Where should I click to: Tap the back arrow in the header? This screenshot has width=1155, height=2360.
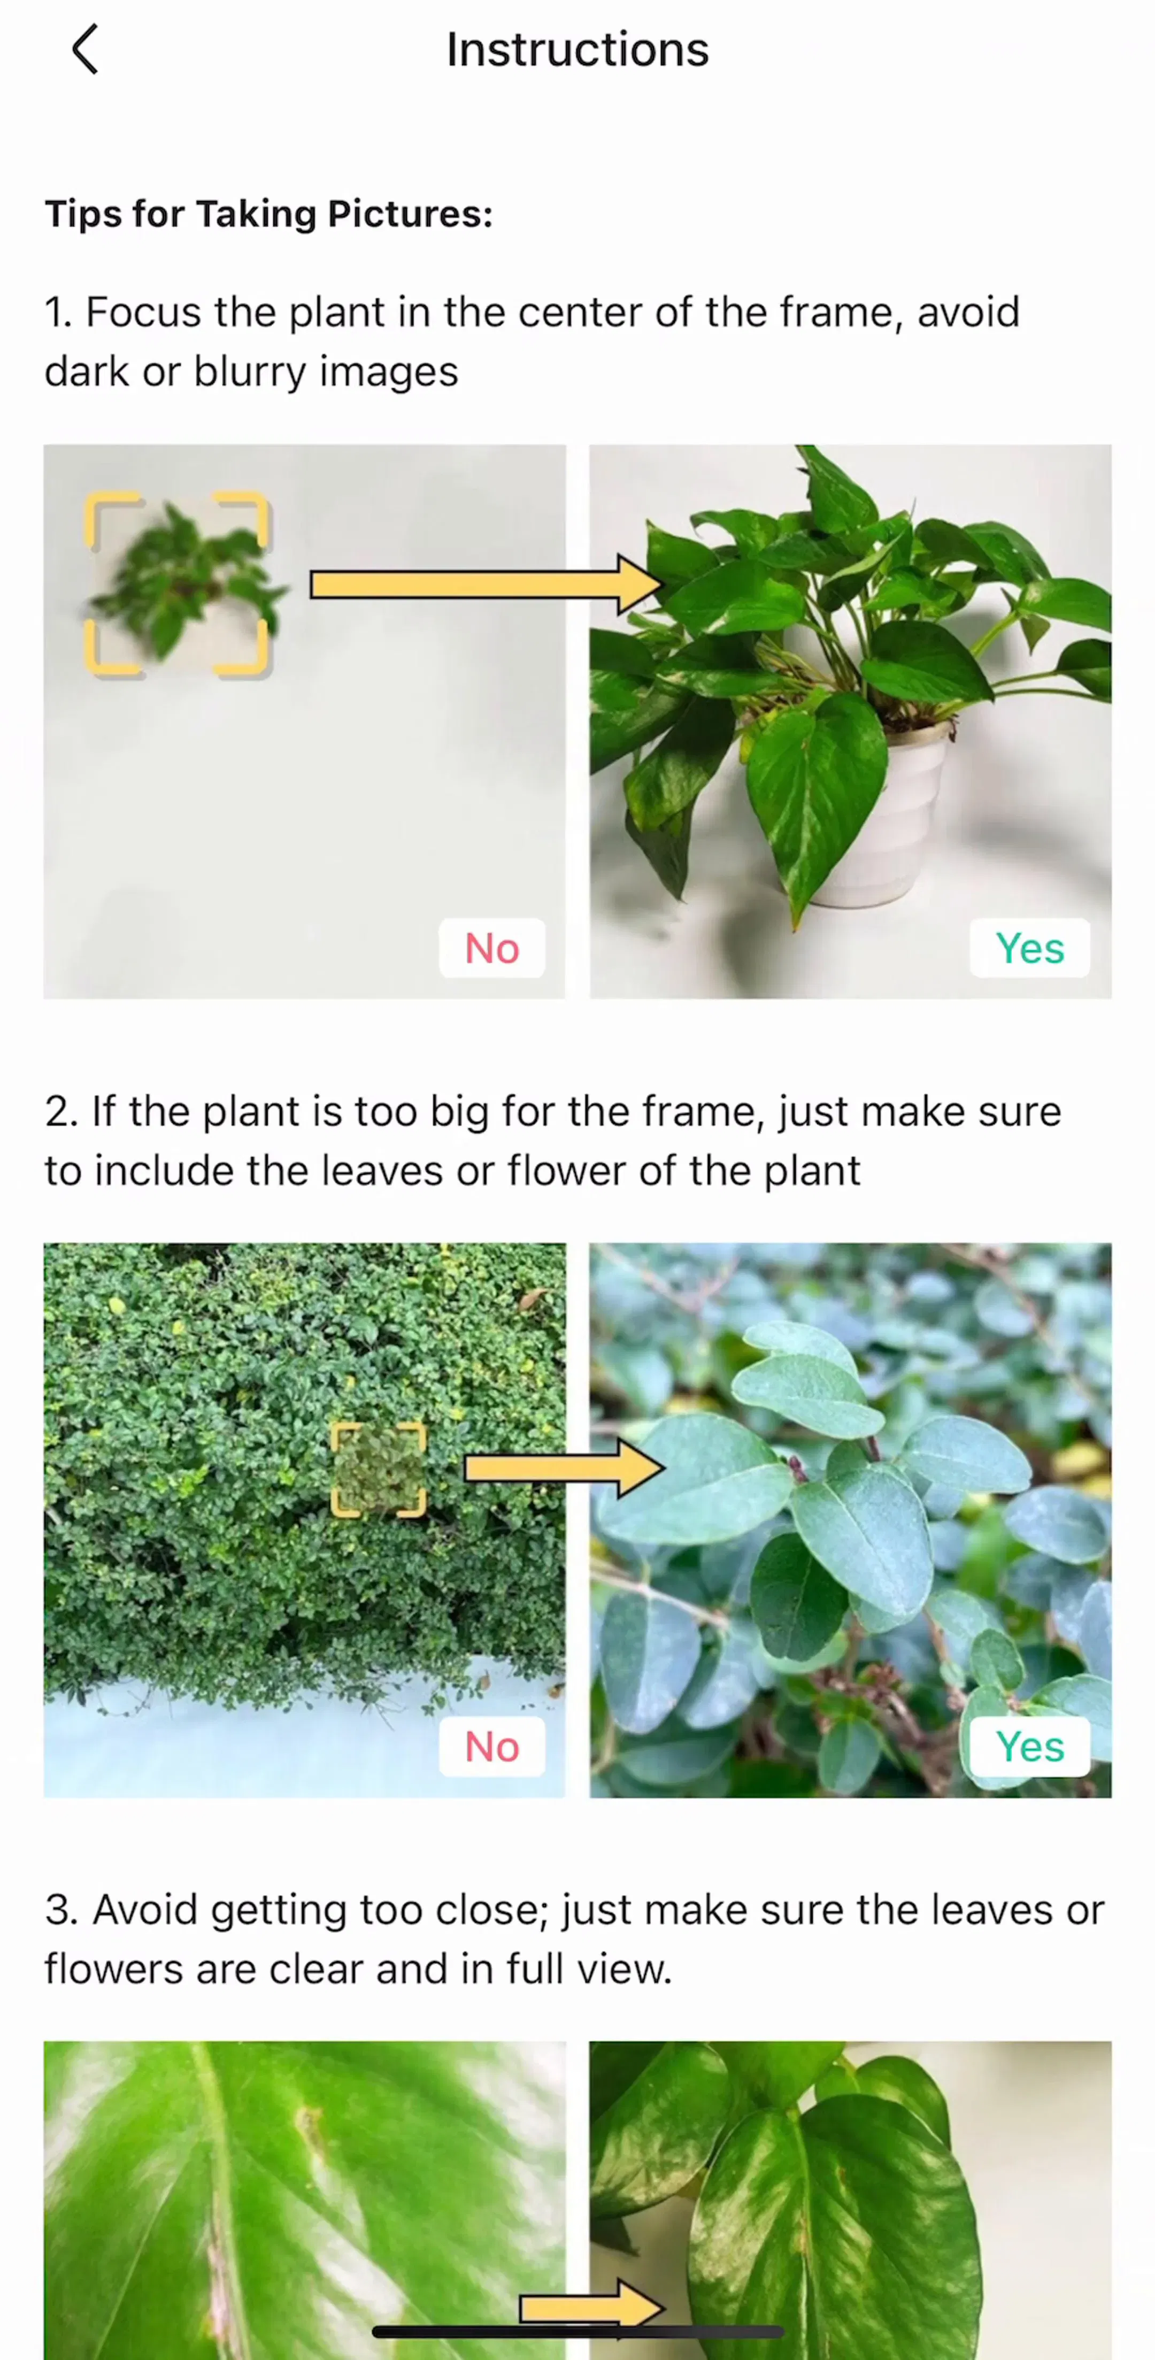tap(84, 50)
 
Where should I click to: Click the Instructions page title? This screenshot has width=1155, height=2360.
tap(577, 50)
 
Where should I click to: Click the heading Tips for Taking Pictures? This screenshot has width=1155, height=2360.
tap(268, 214)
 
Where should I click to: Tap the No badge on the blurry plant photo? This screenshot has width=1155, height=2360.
tap(492, 948)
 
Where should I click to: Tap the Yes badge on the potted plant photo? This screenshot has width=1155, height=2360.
tap(1029, 948)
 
